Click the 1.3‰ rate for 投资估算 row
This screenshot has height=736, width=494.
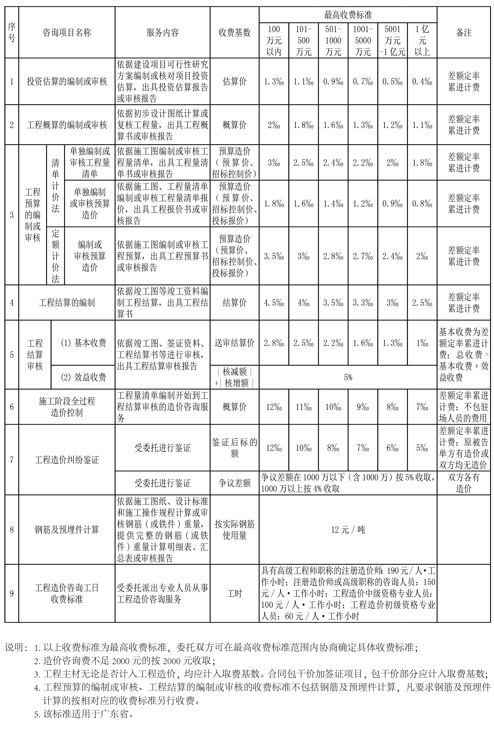click(x=274, y=81)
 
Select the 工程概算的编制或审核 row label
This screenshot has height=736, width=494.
click(x=67, y=125)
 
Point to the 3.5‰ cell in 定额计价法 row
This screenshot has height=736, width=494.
click(x=274, y=256)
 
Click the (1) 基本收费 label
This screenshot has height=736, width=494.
click(x=83, y=343)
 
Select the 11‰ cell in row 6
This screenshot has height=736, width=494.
click(x=303, y=407)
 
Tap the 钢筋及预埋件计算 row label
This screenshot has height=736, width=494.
click(x=67, y=530)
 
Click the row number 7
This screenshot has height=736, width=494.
click(x=12, y=460)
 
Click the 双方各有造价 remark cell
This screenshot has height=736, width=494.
click(x=463, y=483)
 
